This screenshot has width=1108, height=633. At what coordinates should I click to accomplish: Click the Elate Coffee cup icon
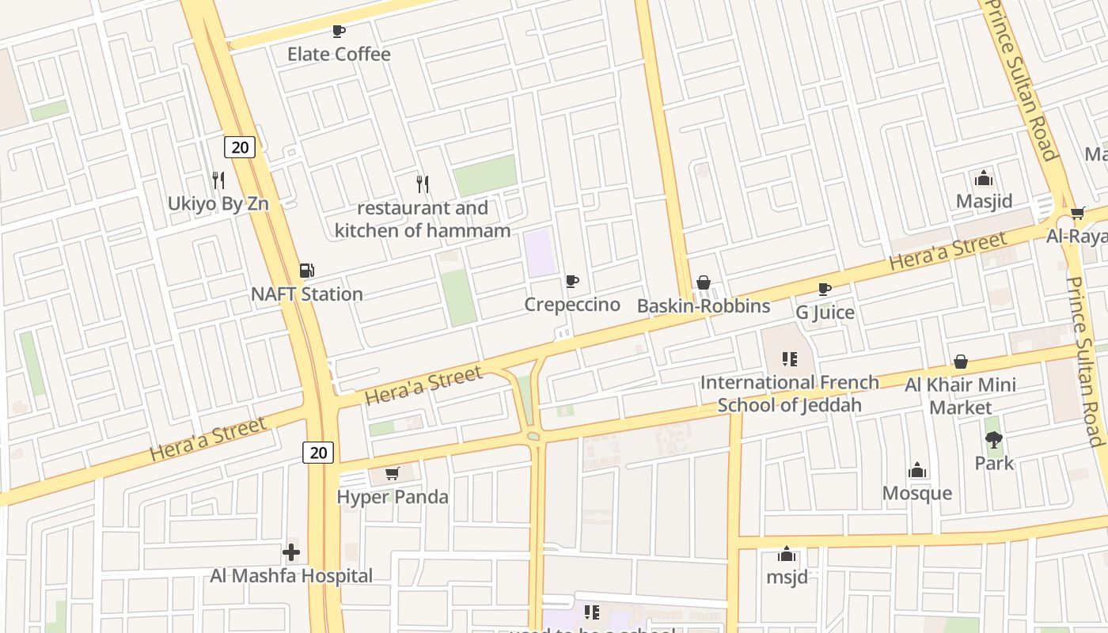tap(339, 32)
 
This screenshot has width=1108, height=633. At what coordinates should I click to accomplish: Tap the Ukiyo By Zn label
tap(218, 203)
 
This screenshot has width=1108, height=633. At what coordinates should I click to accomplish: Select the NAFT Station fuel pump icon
tap(306, 271)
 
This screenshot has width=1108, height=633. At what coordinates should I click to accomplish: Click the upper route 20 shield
tap(240, 146)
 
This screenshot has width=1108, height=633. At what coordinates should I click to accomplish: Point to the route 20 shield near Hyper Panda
tap(317, 453)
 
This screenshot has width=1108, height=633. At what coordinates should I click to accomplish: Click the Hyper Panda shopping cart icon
tap(392, 474)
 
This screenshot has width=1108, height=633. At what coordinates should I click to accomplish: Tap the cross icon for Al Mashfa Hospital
tap(291, 552)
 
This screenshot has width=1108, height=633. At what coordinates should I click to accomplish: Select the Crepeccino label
tap(572, 305)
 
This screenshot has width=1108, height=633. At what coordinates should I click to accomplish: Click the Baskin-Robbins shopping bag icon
tap(704, 283)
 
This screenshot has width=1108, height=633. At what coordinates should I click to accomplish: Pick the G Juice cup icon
tap(825, 289)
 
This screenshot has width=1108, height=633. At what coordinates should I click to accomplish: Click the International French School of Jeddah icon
tap(789, 359)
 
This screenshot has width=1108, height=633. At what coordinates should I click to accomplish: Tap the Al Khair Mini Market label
tap(960, 396)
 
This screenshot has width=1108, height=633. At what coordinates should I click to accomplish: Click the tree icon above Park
tap(994, 440)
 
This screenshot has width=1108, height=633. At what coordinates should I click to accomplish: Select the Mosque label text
tap(917, 493)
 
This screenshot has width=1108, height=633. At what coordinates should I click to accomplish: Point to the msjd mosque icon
tap(787, 554)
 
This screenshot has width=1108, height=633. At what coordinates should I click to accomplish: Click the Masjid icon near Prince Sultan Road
tap(984, 178)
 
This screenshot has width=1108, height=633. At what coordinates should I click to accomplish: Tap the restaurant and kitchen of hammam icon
tap(423, 184)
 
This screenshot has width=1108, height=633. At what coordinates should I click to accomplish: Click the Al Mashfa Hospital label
tap(291, 575)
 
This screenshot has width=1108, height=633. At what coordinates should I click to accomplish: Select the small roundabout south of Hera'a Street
tap(533, 436)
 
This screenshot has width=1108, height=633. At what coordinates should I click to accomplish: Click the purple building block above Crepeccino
tap(541, 252)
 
